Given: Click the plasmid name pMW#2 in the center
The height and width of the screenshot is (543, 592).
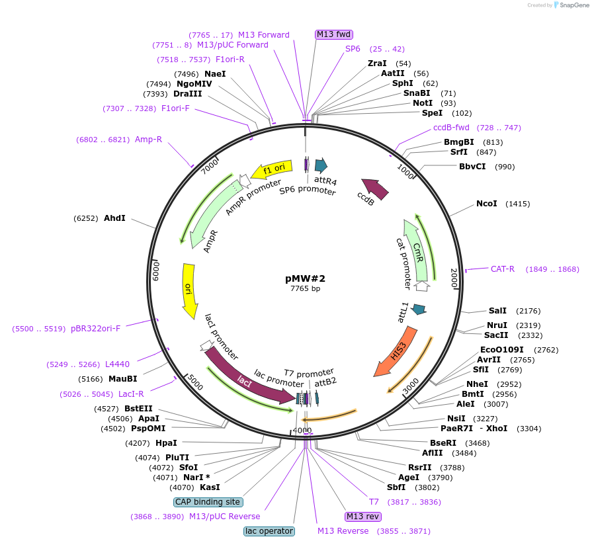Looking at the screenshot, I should click(x=306, y=278).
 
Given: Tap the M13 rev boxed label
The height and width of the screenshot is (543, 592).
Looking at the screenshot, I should click(x=363, y=516).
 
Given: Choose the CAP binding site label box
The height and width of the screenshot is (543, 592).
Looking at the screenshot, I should click(x=208, y=502).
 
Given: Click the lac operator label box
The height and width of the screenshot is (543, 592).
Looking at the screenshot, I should click(x=269, y=531).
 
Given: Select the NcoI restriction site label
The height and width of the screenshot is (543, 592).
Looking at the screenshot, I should click(x=487, y=204).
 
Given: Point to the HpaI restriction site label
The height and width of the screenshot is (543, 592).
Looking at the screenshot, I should click(x=166, y=443).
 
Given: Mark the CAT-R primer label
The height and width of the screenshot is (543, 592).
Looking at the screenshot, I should click(x=503, y=269).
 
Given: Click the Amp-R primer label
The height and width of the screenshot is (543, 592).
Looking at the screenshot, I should click(x=148, y=140).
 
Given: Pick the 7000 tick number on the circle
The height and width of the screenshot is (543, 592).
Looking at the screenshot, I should click(x=210, y=166).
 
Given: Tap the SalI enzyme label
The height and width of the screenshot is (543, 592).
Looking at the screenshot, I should click(x=497, y=311).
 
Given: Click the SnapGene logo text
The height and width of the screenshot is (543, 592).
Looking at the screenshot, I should click(x=573, y=5).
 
